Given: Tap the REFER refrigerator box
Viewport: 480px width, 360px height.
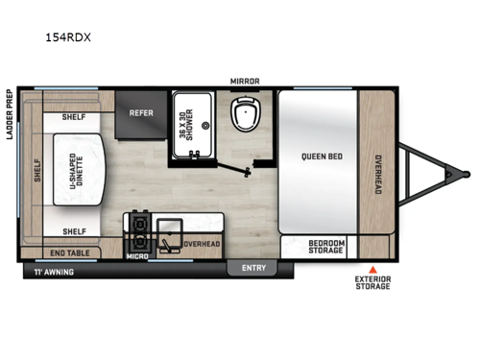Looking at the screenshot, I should (142, 111).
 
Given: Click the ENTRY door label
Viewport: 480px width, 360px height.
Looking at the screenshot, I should (253, 268).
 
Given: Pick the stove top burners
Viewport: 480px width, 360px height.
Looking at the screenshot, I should (140, 231).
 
